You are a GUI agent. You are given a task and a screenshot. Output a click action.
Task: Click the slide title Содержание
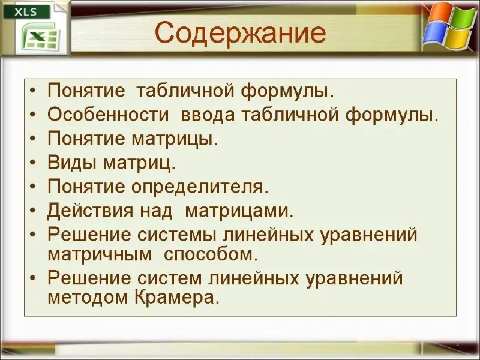[241, 33]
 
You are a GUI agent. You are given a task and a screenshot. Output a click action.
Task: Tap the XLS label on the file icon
[26, 12]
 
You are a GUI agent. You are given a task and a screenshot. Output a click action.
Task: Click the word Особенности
[108, 115]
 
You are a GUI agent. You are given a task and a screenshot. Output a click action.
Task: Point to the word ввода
[208, 115]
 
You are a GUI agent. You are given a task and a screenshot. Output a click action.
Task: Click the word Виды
[72, 163]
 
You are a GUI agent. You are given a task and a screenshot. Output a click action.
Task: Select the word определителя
[200, 187]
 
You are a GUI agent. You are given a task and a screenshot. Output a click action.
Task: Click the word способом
[211, 254]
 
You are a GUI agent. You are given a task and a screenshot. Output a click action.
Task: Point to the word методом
[88, 298]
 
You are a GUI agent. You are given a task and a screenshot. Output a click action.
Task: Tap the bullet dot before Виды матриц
[33, 163]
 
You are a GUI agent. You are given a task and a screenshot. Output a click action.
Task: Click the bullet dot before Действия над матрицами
[33, 211]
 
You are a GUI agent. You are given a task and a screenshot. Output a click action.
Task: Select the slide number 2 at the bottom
[458, 343]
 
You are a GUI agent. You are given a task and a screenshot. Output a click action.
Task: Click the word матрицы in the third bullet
[175, 139]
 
